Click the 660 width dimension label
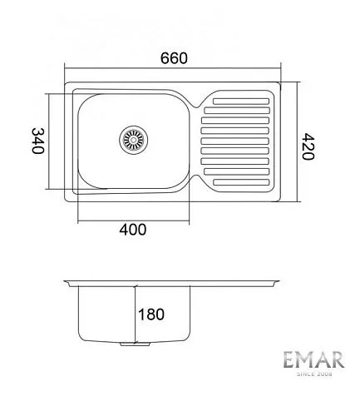coord(174,58)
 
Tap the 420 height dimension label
coord(308,146)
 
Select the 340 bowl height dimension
coord(38,141)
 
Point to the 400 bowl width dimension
coord(133,230)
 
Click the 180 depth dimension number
coord(151,314)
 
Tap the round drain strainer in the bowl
coord(134,140)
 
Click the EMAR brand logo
coord(313,360)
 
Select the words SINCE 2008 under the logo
coord(314,374)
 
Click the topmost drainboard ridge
coord(241,102)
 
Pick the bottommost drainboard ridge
coord(241,182)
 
